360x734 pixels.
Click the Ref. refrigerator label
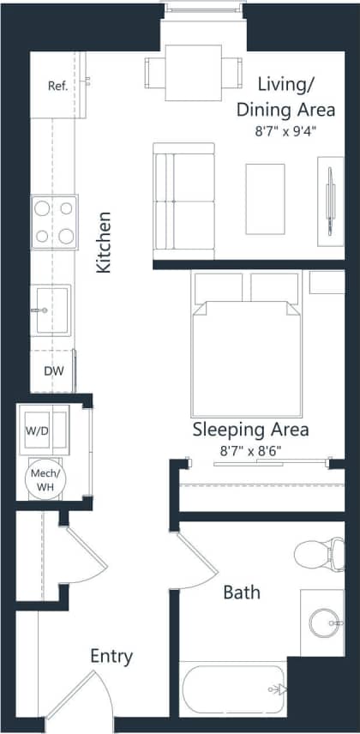pyautogui.click(x=57, y=86)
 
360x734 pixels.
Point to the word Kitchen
pyautogui.click(x=104, y=243)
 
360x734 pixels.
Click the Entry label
pyautogui.click(x=111, y=657)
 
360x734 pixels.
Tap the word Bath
pyautogui.click(x=242, y=592)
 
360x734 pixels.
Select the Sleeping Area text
pyautogui.click(x=250, y=430)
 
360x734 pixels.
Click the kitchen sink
pyautogui.click(x=51, y=304)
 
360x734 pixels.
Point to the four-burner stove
pyautogui.click(x=52, y=222)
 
